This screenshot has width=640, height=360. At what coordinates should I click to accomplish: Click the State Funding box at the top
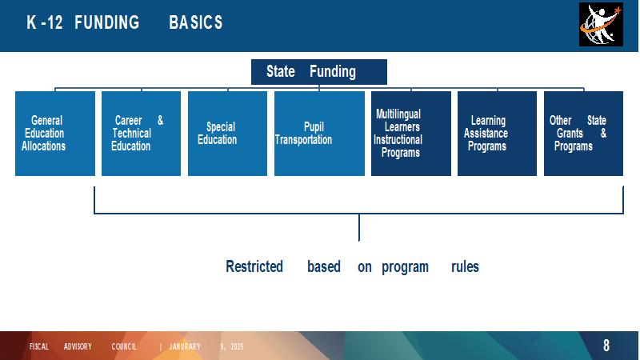[x=318, y=72]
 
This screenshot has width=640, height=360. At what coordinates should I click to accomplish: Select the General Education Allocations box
[x=55, y=134]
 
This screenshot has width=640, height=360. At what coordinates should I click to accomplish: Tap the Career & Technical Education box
[x=142, y=134]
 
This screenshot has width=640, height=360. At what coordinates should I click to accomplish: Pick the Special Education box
[x=227, y=134]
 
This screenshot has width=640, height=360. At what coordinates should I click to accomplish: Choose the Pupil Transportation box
[x=319, y=134]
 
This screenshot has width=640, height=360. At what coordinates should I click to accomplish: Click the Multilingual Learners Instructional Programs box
[x=411, y=134]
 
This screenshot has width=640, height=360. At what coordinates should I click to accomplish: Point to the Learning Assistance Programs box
[x=497, y=134]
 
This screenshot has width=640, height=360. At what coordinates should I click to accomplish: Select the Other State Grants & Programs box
[x=583, y=134]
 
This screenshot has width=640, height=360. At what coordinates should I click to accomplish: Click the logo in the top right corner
[x=601, y=25]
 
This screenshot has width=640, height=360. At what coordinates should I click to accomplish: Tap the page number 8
[x=606, y=346]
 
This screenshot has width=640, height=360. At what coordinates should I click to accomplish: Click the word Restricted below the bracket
[x=254, y=266]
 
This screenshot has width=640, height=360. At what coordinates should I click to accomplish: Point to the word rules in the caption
[x=465, y=266]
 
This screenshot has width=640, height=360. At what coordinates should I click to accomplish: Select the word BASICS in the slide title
[x=196, y=22]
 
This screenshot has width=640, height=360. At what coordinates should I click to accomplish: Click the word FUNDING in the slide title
[x=107, y=22]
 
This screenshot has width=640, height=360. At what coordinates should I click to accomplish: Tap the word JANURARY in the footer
[x=185, y=346]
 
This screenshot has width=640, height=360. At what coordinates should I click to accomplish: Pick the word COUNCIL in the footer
[x=124, y=346]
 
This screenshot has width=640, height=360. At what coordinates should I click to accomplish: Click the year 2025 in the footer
[x=237, y=346]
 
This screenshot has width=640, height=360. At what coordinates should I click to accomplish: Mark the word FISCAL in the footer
[x=39, y=346]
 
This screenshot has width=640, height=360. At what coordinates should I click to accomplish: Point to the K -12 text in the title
[x=45, y=22]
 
